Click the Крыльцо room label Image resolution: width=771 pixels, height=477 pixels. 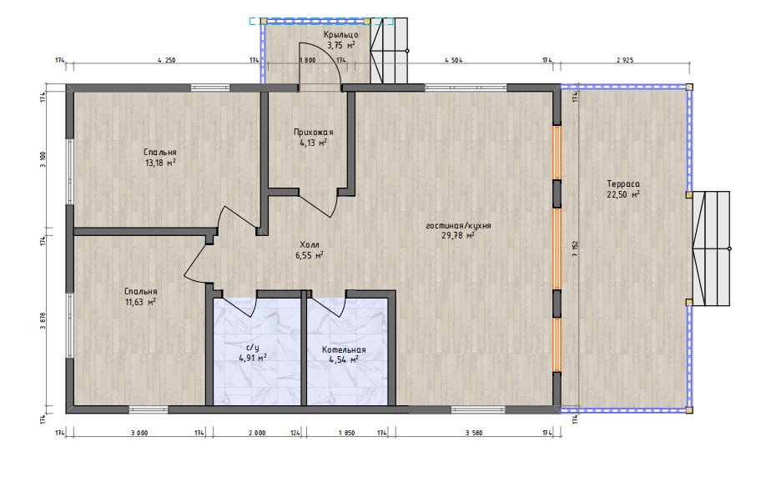pyautogui.click(x=340, y=35)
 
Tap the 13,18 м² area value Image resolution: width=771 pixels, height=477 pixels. pyautogui.click(x=160, y=163)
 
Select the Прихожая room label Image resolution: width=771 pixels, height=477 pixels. pyautogui.click(x=313, y=132)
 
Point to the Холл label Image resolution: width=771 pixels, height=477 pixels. pyautogui.click(x=310, y=244)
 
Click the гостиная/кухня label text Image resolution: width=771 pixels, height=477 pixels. pyautogui.click(x=458, y=226)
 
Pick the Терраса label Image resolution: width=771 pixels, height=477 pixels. pyautogui.click(x=623, y=184)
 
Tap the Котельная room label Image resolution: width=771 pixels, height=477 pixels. pyautogui.click(x=344, y=349)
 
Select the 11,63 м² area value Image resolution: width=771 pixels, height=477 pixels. pyautogui.click(x=141, y=302)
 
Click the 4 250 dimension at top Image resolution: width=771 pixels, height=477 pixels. pyautogui.click(x=167, y=60)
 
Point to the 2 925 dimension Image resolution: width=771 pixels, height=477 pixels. pyautogui.click(x=625, y=60)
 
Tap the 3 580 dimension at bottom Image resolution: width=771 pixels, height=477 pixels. pyautogui.click(x=473, y=434)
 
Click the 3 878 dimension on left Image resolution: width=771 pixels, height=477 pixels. pyautogui.click(x=43, y=321)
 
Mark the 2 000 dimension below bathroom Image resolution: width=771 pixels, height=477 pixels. pyautogui.click(x=257, y=434)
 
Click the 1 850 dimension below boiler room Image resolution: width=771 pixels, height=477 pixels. pyautogui.click(x=346, y=434)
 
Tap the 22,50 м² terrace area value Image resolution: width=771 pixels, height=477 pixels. pyautogui.click(x=623, y=194)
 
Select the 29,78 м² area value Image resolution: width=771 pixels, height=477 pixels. pyautogui.click(x=458, y=236)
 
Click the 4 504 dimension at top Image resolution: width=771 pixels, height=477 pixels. pyautogui.click(x=453, y=60)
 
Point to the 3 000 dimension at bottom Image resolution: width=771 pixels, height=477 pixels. pyautogui.click(x=139, y=434)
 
